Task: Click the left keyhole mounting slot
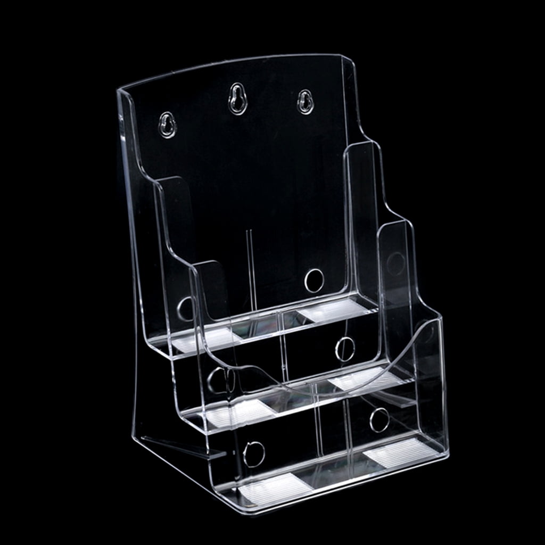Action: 168,125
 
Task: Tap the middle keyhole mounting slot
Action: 237,98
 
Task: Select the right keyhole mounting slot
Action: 305,101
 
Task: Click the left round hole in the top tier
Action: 186,309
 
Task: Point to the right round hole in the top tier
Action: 314,280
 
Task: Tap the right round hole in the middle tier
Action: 345,349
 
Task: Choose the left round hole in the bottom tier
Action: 254,454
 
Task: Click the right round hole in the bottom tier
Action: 379,420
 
